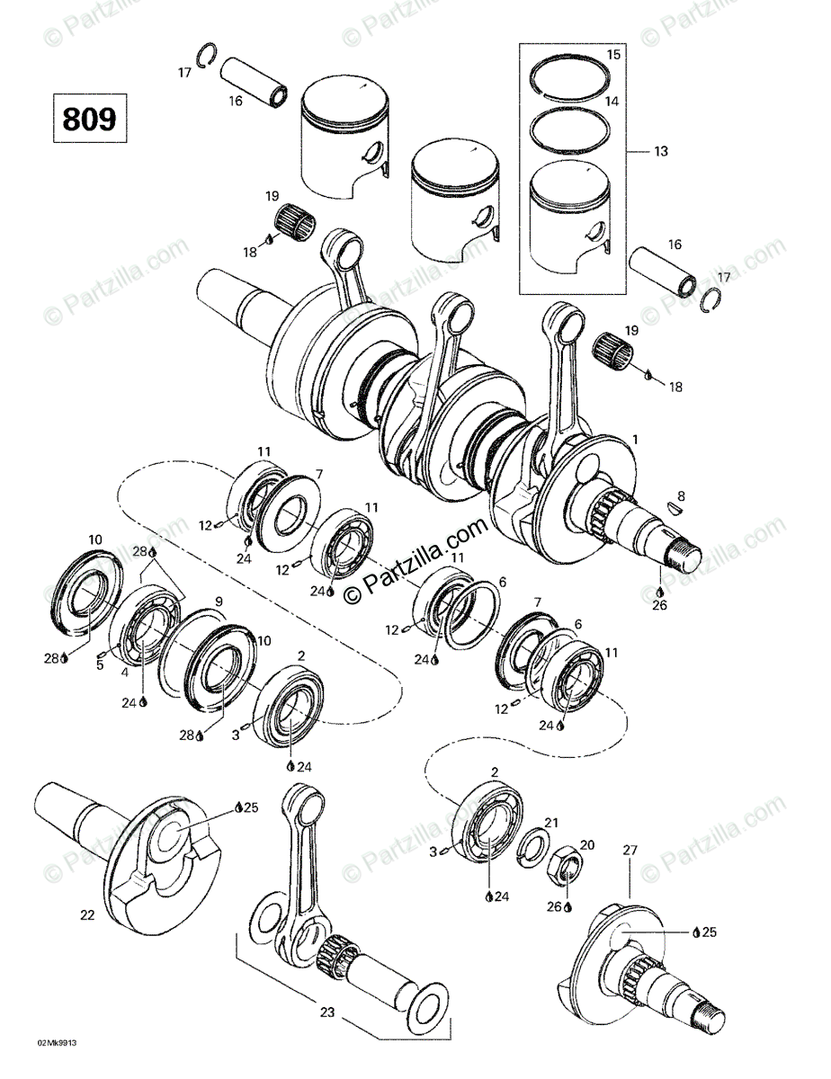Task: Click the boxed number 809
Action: coord(90,119)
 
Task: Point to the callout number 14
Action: coord(612,102)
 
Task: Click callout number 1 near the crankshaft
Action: coord(635,441)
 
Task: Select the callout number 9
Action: coord(218,601)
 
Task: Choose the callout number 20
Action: coord(587,844)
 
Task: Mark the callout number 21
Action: coord(551,823)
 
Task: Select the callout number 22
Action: coord(87,915)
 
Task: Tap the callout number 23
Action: coord(327,1012)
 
